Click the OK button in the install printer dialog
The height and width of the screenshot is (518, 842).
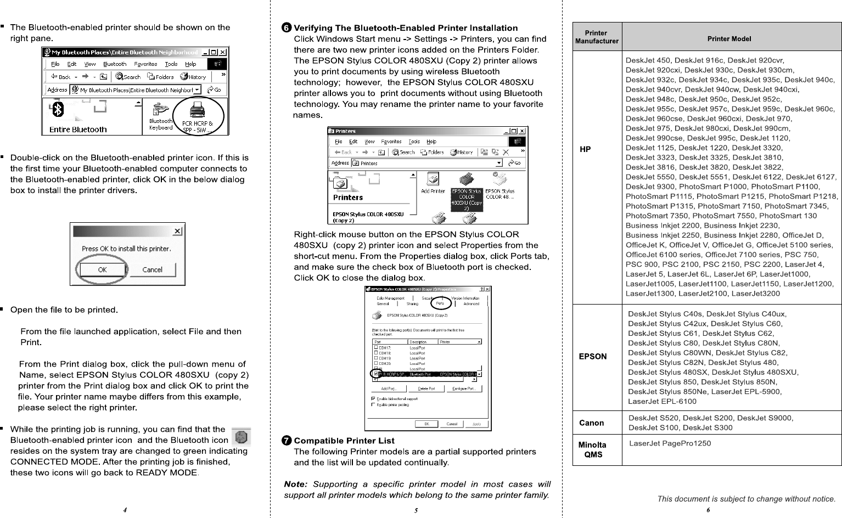pyautogui.click(x=102, y=269)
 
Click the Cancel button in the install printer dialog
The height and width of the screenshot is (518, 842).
pyautogui.click(x=152, y=269)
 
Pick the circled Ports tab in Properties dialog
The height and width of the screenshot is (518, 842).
pyautogui.click(x=440, y=303)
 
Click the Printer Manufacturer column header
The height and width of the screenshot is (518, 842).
pyautogui.click(x=597, y=37)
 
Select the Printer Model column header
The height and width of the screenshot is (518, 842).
pyautogui.click(x=729, y=38)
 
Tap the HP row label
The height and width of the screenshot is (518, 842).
pyautogui.click(x=586, y=149)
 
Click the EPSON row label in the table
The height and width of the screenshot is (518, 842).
pyautogui.click(x=593, y=356)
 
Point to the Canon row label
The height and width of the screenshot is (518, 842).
pyautogui.click(x=592, y=423)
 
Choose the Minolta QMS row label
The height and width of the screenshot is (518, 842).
pyautogui.click(x=593, y=449)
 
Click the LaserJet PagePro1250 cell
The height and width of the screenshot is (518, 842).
pyautogui.click(x=670, y=443)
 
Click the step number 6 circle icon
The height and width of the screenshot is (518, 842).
pyautogui.click(x=287, y=28)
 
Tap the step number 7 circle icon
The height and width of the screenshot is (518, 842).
pyautogui.click(x=287, y=441)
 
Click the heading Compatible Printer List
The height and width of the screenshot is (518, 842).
pyautogui.click(x=344, y=441)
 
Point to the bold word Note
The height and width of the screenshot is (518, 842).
pyautogui.click(x=295, y=484)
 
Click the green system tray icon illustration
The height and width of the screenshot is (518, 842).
pyautogui.click(x=242, y=437)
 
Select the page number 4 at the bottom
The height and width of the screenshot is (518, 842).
pyautogui.click(x=126, y=510)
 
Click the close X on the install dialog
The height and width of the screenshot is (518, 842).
pyautogui.click(x=177, y=231)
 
